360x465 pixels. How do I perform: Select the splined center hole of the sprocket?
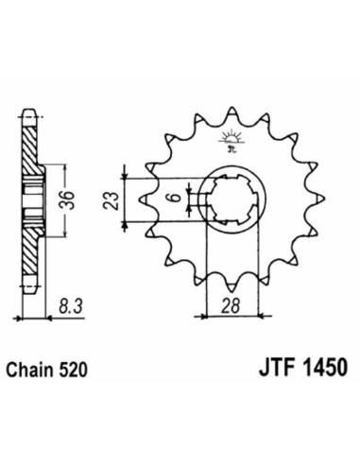[x=228, y=199]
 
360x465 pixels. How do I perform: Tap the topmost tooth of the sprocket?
[x=229, y=115]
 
